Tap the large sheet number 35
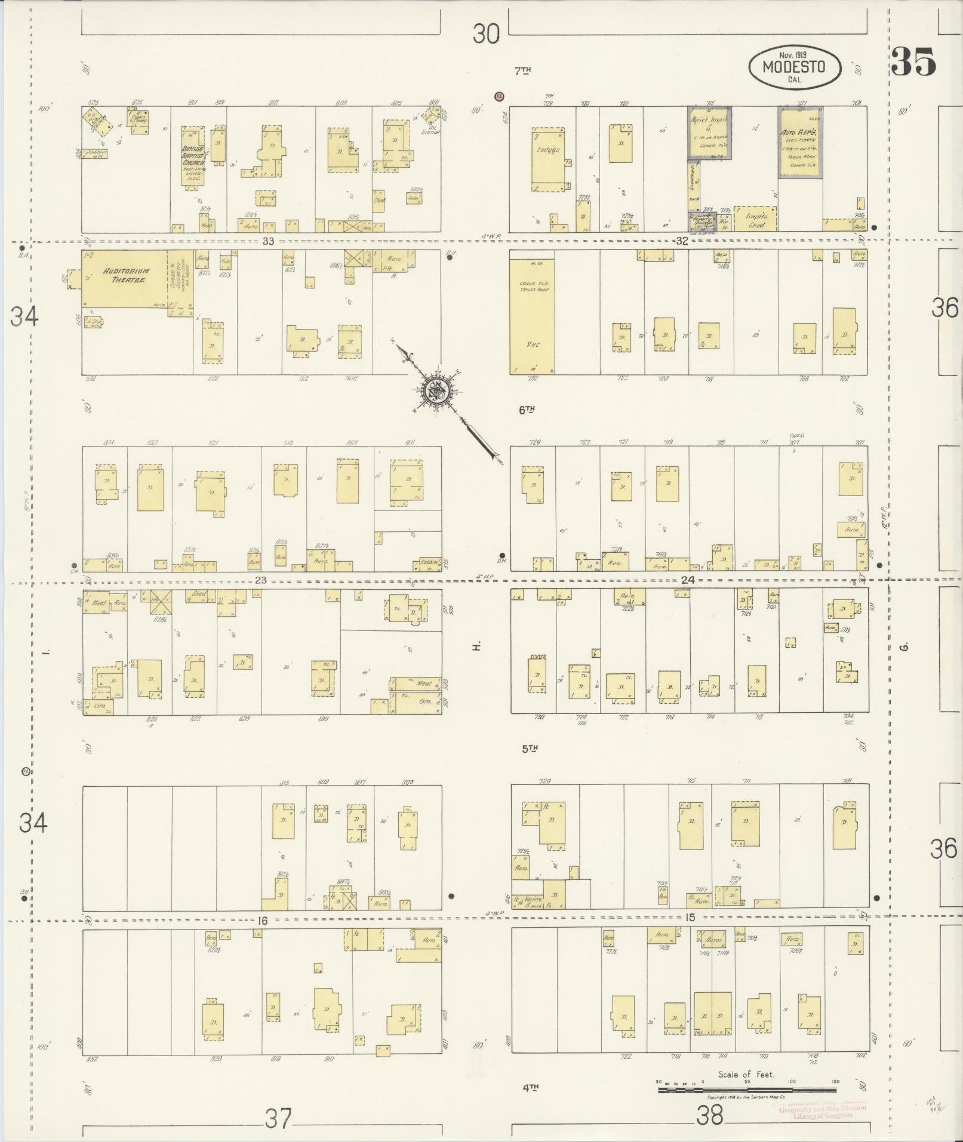[913, 62]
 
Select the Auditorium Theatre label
[126, 275]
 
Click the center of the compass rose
[434, 391]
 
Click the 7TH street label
[522, 71]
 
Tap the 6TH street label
[526, 410]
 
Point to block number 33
[267, 241]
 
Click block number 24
[688, 580]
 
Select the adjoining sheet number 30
[485, 34]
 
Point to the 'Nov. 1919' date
[793, 54]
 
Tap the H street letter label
[476, 646]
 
